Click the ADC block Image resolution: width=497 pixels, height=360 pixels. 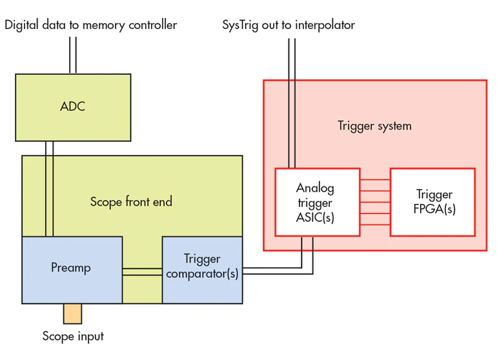tap(73, 106)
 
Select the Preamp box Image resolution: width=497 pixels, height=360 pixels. tap(72, 268)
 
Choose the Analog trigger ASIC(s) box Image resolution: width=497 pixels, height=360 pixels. tap(317, 202)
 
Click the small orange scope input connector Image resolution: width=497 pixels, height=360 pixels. tap(72, 314)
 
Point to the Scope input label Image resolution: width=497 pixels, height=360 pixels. tap(73, 336)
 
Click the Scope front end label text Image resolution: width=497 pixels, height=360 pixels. tap(131, 202)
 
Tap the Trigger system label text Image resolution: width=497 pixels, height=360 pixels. tap(374, 126)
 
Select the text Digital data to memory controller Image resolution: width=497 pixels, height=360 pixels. tap(90, 25)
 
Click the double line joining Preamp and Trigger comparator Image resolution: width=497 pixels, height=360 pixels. tap(142, 272)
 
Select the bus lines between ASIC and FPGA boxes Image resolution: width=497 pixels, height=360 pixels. tap(375, 202)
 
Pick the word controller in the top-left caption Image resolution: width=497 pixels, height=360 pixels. tap(151, 25)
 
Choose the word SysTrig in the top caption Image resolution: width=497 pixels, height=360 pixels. tap(240, 25)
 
